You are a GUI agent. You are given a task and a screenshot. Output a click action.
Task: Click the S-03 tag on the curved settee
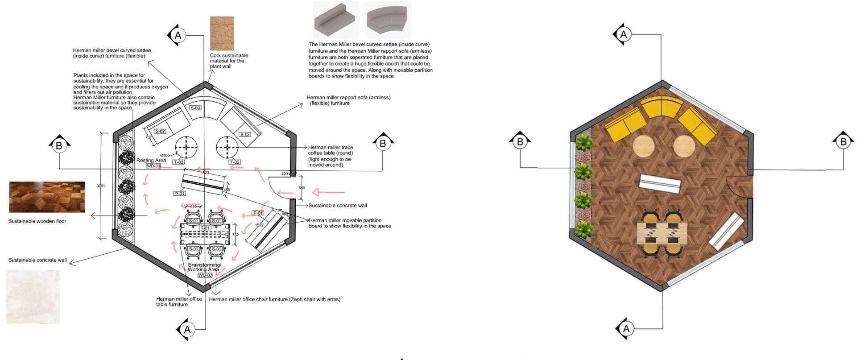coord(195,108)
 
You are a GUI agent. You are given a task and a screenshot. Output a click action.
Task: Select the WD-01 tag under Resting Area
coord(153,166)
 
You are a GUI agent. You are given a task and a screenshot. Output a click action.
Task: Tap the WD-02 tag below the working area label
coord(205,275)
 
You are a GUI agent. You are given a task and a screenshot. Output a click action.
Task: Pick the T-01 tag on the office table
coord(205,228)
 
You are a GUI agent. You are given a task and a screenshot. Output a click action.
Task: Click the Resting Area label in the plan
coord(151,160)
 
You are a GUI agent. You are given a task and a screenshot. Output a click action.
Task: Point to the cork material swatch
coord(222,33)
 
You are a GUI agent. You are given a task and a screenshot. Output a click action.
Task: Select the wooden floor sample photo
coord(47,197)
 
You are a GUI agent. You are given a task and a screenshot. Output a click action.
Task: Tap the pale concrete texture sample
coord(33,297)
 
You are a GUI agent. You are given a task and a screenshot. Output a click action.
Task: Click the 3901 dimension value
coord(101,186)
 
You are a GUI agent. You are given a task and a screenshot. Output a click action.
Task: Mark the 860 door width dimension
coord(302,188)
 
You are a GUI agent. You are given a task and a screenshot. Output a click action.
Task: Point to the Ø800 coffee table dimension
coord(165,155)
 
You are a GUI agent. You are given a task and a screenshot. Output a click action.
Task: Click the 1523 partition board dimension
coord(205,173)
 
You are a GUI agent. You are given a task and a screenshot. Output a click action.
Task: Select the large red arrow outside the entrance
coord(329,192)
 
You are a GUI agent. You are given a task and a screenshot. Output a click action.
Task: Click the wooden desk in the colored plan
coord(661,233)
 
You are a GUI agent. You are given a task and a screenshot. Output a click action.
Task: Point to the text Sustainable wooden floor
coord(37,221)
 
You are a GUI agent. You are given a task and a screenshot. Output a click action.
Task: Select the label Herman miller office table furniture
coord(178,302)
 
